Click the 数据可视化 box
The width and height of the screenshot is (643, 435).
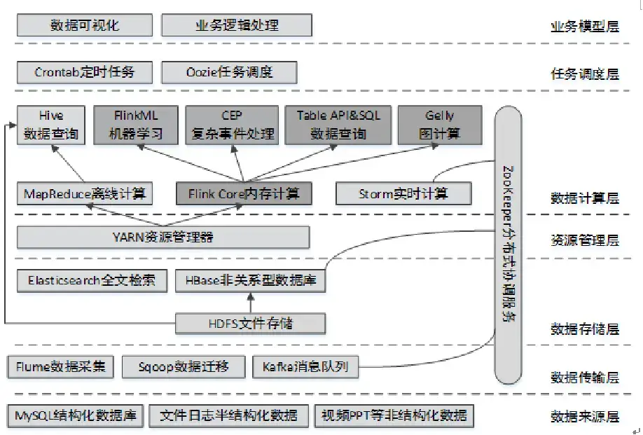click(85, 25)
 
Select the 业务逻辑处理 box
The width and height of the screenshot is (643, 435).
click(236, 25)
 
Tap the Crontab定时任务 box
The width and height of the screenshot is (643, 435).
click(85, 72)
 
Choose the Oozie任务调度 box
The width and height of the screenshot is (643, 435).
click(229, 72)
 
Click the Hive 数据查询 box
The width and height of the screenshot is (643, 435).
click(50, 125)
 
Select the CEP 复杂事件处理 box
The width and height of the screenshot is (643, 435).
click(231, 125)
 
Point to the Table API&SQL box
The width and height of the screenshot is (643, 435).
click(338, 125)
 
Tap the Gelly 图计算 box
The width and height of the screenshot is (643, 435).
click(440, 125)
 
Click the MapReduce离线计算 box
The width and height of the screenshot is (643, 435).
click(85, 194)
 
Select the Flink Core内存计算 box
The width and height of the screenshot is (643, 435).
click(243, 194)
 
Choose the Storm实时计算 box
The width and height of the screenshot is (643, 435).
click(403, 194)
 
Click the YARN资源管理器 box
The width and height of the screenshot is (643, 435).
click(163, 237)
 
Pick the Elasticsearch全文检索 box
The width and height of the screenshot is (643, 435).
click(92, 282)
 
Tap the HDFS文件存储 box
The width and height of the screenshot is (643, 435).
click(250, 323)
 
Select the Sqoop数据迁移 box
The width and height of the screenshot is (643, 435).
click(184, 366)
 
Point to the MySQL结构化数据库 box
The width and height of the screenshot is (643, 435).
click(75, 415)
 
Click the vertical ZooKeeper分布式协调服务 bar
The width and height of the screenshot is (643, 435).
click(510, 245)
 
